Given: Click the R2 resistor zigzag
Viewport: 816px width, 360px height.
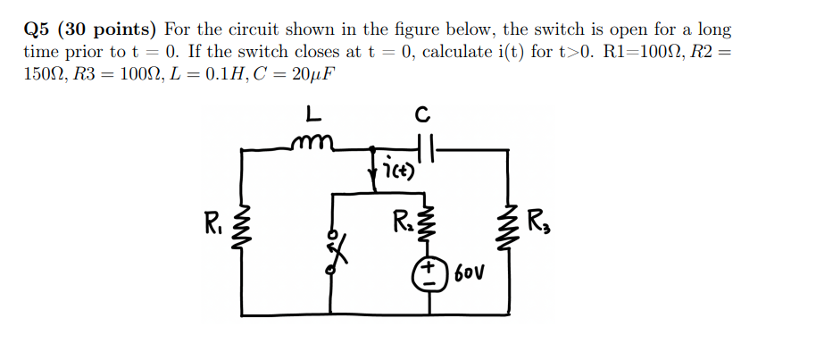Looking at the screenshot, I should click(x=430, y=224).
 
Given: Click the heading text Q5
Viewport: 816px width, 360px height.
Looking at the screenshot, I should click(x=37, y=29).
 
